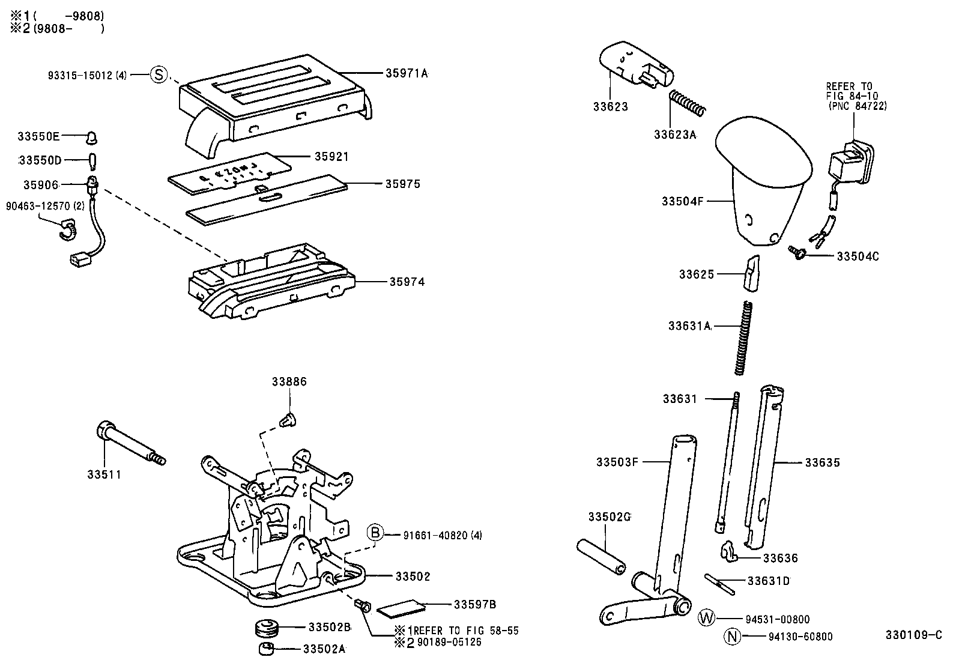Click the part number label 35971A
(x=407, y=73)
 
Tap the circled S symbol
(x=157, y=74)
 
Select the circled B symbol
(x=375, y=533)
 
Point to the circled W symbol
(x=707, y=618)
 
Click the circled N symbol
(x=731, y=637)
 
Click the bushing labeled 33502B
(x=264, y=629)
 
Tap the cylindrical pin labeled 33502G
(x=601, y=556)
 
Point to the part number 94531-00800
(x=778, y=619)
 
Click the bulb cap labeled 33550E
(x=91, y=138)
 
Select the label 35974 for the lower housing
(x=407, y=281)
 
